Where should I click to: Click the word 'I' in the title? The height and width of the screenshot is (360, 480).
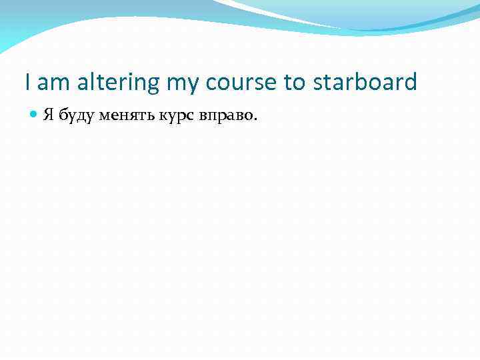(x=27, y=82)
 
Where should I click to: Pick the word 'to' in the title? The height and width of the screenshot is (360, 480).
(x=294, y=83)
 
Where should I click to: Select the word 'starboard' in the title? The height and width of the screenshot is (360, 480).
(x=363, y=82)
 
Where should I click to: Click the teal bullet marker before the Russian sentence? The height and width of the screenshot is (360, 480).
(x=35, y=115)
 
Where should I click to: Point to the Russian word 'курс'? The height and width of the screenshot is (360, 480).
(x=177, y=117)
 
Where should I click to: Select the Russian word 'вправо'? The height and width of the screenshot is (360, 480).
(x=224, y=117)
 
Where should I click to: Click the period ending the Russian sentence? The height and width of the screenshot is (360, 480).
(x=253, y=120)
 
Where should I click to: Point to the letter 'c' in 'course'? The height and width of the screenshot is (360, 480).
(x=212, y=83)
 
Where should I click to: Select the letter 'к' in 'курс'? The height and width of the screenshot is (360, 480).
(x=163, y=116)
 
